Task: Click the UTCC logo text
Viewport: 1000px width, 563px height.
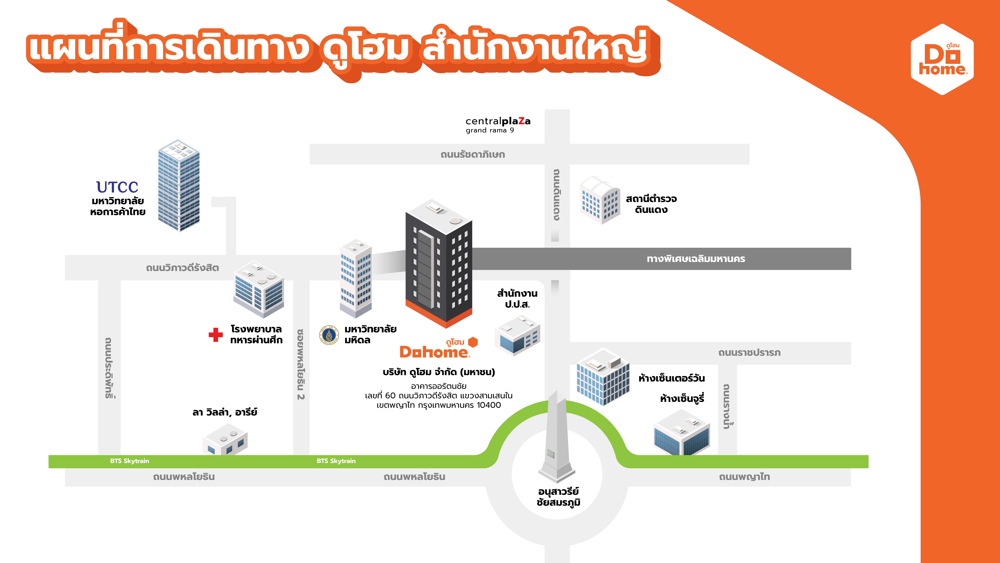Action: (117, 187)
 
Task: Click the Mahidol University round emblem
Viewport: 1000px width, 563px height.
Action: (329, 335)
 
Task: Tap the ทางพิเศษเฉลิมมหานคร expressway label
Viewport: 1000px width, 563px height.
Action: (696, 259)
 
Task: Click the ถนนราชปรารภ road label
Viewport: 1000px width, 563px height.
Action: (749, 353)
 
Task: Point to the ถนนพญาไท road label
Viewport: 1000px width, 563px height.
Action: (744, 477)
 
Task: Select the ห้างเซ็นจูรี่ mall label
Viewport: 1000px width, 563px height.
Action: (682, 399)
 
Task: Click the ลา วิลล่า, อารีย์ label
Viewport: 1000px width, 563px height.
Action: (225, 412)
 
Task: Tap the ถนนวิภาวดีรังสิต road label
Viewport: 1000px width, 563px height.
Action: (182, 268)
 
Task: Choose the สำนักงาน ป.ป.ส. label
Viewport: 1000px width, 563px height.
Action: (517, 299)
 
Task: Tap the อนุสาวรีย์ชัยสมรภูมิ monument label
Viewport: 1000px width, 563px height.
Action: (558, 497)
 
